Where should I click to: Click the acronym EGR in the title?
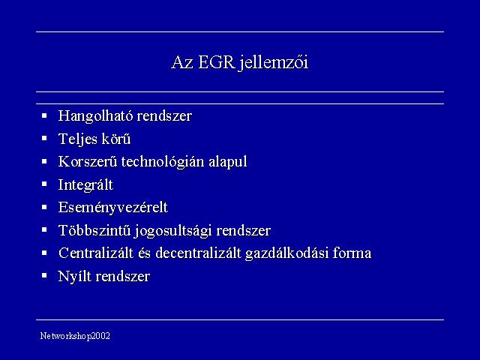pyautogui.click(x=217, y=62)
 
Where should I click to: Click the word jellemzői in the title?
pyautogui.click(x=274, y=63)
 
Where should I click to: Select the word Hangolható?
pyautogui.click(x=95, y=116)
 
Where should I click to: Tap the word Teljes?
pyautogui.click(x=78, y=139)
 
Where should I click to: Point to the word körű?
pyautogui.click(x=116, y=139)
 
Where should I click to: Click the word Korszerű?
pyautogui.click(x=88, y=162)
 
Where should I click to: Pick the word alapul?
pyautogui.click(x=228, y=162)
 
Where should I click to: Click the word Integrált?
pyautogui.click(x=85, y=185)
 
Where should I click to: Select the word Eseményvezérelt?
pyautogui.click(x=113, y=208)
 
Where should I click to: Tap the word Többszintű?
pyautogui.click(x=94, y=230)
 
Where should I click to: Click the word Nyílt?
pyautogui.click(x=74, y=277)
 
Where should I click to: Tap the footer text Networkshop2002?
pyautogui.click(x=75, y=336)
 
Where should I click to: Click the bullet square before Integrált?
pyautogui.click(x=44, y=184)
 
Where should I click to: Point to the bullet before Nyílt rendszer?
pyautogui.click(x=44, y=275)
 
